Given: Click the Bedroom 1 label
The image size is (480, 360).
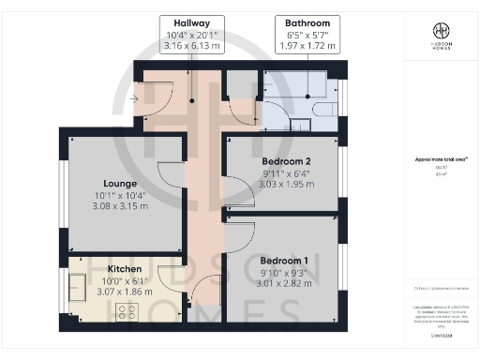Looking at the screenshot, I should pyautogui.click(x=282, y=260).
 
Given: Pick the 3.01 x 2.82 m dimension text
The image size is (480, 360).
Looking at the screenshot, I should pyautogui.click(x=282, y=282).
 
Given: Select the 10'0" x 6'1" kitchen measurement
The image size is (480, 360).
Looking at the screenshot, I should pyautogui.click(x=121, y=280).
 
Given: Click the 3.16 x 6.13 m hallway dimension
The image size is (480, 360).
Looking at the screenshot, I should pyautogui.click(x=190, y=43).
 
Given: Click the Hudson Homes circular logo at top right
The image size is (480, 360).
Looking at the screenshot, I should pyautogui.click(x=440, y=31).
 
